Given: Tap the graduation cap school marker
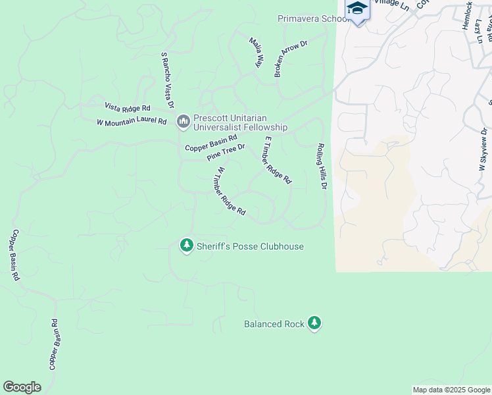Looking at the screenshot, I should pyautogui.click(x=357, y=9).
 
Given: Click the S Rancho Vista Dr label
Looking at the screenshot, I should pyautogui.click(x=167, y=80).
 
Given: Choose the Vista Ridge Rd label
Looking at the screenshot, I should pyautogui.click(x=128, y=107).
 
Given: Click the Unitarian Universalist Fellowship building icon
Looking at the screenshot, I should pyautogui.click(x=183, y=121).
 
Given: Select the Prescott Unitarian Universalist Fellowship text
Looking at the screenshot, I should pyautogui.click(x=240, y=123).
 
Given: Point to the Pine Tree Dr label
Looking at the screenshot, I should pyautogui.click(x=226, y=153).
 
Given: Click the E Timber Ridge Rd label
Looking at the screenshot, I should pyautogui.click(x=277, y=160).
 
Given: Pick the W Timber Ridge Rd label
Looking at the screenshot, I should pyautogui.click(x=230, y=191).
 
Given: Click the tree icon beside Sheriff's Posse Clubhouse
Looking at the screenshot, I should pyautogui.click(x=187, y=246).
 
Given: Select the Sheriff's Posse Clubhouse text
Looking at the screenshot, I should pyautogui.click(x=250, y=246).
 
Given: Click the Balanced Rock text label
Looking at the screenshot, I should pyautogui.click(x=274, y=324).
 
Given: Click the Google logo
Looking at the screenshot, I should pyautogui.click(x=22, y=387).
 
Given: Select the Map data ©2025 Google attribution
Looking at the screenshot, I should pyautogui.click(x=451, y=390).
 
